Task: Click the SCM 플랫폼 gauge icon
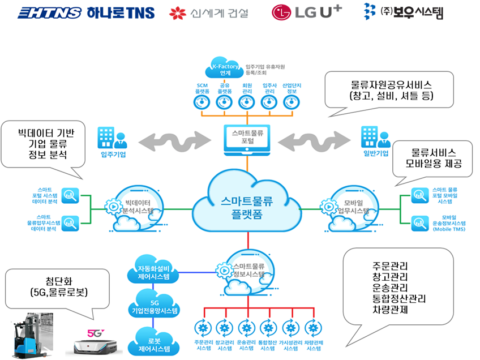[202, 102]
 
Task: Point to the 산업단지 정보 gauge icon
[290, 102]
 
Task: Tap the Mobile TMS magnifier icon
[419, 223]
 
